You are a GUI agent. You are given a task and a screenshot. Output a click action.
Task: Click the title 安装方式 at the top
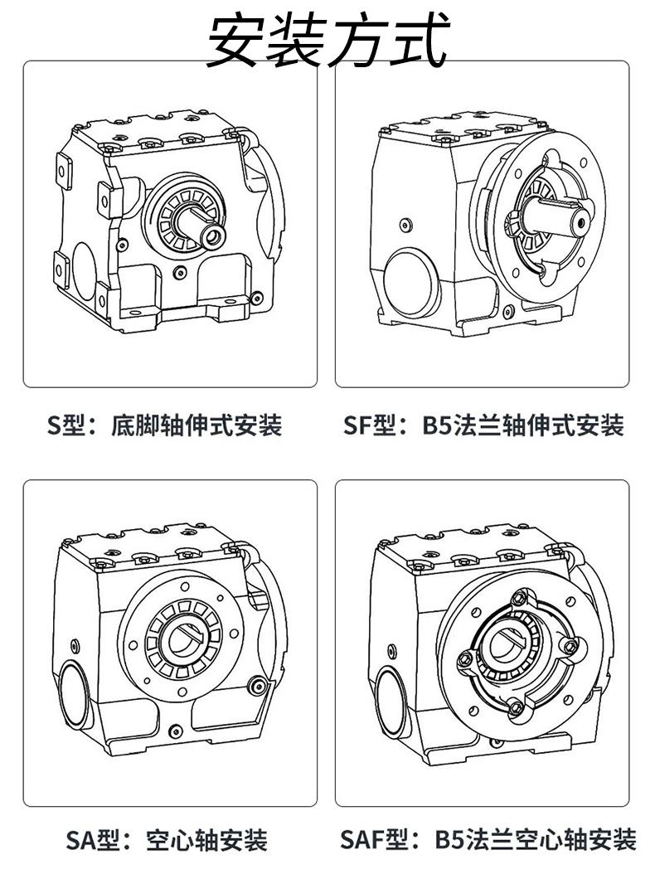click(x=327, y=41)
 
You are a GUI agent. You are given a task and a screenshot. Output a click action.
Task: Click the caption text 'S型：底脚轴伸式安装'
click(x=165, y=425)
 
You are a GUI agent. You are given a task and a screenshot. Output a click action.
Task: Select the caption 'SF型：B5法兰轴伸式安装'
click(x=483, y=425)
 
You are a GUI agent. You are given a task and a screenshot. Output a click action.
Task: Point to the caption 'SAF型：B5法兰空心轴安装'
click(x=488, y=840)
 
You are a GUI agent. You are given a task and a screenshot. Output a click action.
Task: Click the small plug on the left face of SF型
click(x=404, y=225)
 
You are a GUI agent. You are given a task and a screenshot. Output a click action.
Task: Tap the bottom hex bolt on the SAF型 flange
click(x=515, y=707)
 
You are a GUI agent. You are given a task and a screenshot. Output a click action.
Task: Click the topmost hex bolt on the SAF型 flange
click(x=519, y=598)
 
